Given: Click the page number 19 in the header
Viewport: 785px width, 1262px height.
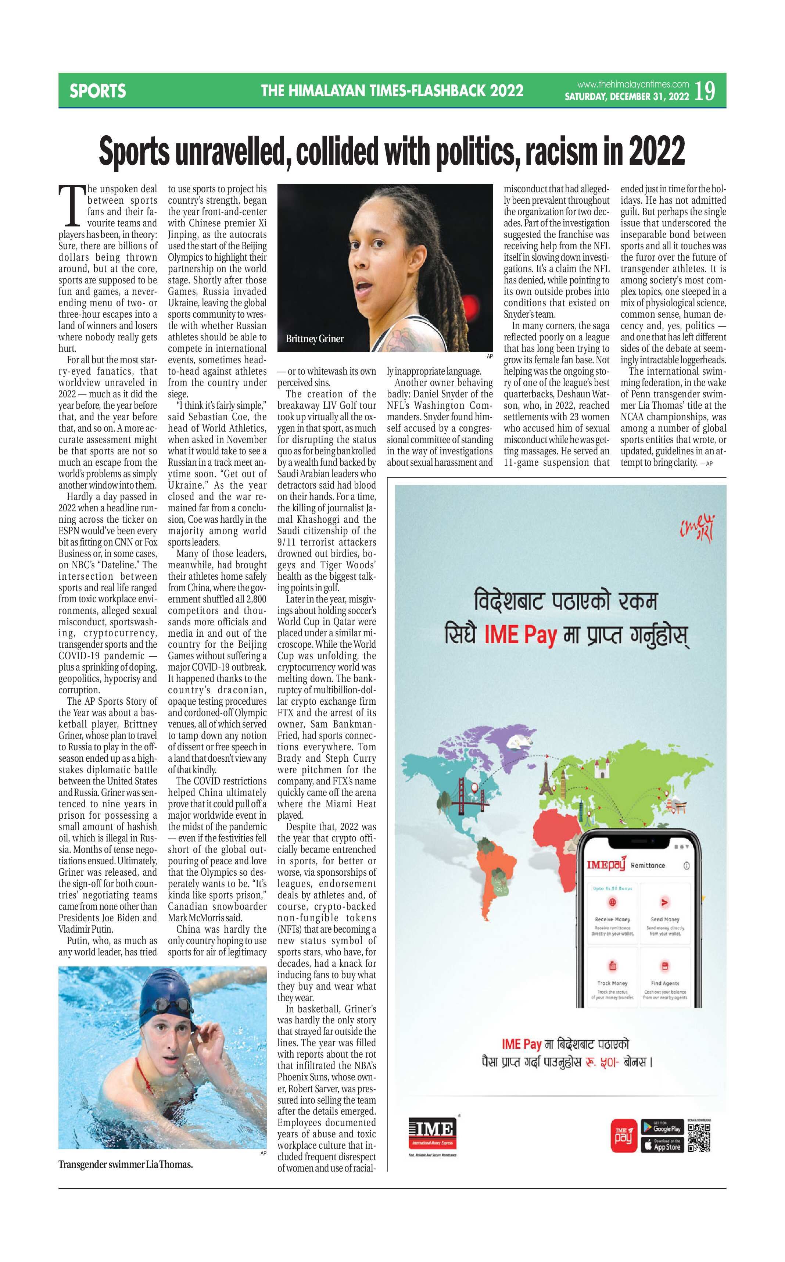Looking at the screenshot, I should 705,91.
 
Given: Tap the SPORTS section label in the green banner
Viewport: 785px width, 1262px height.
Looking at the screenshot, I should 98,92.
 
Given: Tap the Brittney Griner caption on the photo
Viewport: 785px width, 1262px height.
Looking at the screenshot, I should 315,339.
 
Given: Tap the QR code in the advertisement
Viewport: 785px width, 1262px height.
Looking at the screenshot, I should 699,1137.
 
